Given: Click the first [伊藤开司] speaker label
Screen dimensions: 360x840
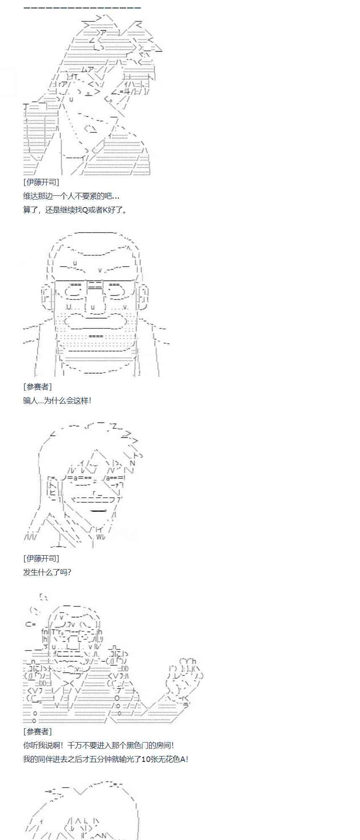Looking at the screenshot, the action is pyautogui.click(x=41, y=182).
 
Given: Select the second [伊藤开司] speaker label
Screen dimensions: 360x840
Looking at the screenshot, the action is pyautogui.click(x=41, y=558).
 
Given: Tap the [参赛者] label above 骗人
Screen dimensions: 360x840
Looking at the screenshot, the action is pyautogui.click(x=37, y=386).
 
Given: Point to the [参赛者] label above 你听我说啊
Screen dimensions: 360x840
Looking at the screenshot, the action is pyautogui.click(x=37, y=731).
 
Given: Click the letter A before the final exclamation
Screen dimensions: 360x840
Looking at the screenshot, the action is pyautogui.click(x=183, y=759).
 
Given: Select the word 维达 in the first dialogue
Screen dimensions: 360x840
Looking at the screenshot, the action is pyautogui.click(x=30, y=196).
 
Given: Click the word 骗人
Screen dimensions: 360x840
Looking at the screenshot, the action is pyautogui.click(x=30, y=400).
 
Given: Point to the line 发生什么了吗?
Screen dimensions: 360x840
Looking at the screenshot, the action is pyautogui.click(x=47, y=572).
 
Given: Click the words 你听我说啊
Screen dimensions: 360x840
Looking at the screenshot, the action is pyautogui.click(x=41, y=745).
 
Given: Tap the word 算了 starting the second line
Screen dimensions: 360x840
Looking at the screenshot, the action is pyautogui.click(x=30, y=210).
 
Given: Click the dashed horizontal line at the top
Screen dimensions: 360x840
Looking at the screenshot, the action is pyautogui.click(x=82, y=8).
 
